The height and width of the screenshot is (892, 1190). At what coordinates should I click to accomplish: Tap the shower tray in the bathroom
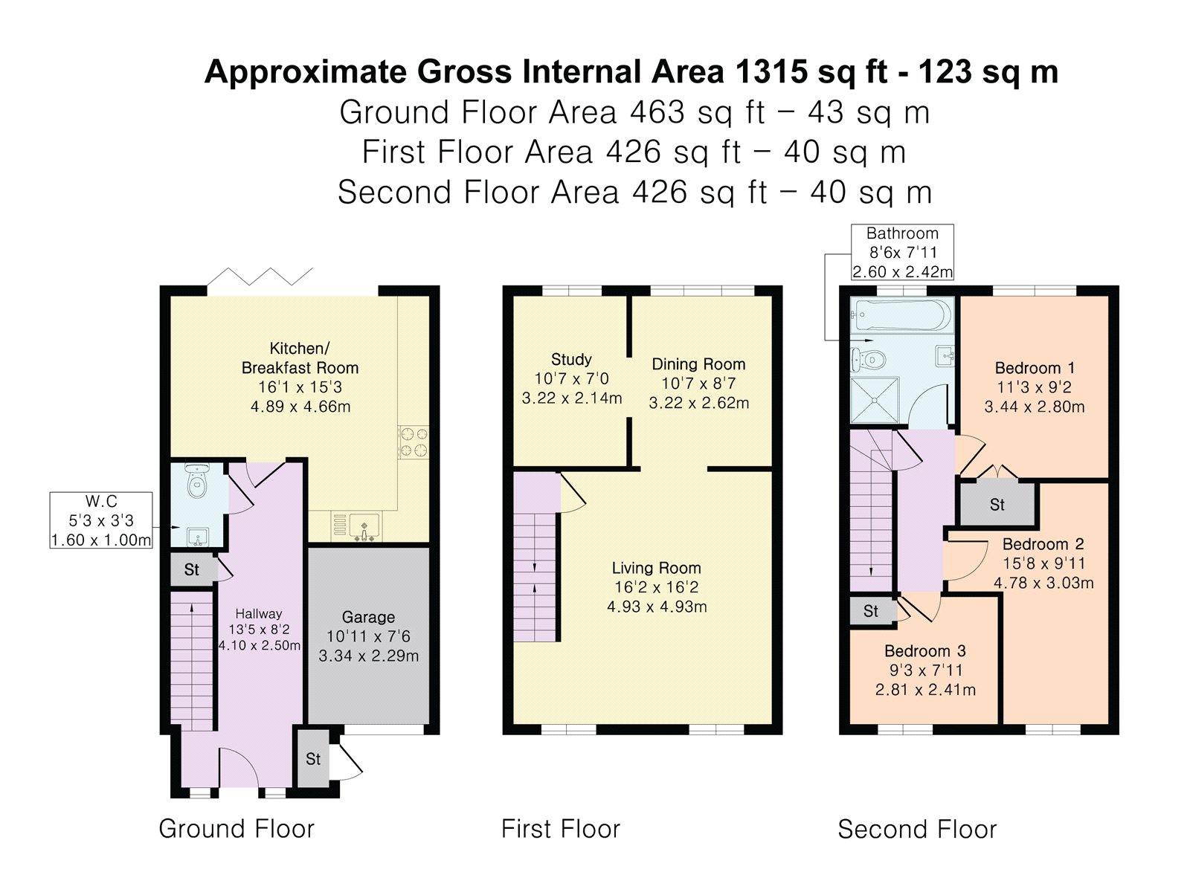pyautogui.click(x=875, y=400)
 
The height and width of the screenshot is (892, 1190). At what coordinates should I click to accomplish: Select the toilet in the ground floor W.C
pyautogui.click(x=196, y=480)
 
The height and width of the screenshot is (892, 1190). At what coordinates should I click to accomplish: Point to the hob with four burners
pyautogui.click(x=413, y=442)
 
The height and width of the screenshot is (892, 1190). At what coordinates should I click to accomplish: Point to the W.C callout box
pyautogui.click(x=101, y=520)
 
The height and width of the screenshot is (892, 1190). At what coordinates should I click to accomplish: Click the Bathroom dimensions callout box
pyautogui.click(x=902, y=252)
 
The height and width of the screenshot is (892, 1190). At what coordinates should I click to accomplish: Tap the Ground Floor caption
pyautogui.click(x=237, y=829)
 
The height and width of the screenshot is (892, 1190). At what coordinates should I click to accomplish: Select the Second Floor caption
pyautogui.click(x=917, y=829)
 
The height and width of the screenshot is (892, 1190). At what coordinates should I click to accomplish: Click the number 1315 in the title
pyautogui.click(x=771, y=71)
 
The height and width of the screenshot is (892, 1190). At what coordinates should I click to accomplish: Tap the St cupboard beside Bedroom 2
pyautogui.click(x=997, y=505)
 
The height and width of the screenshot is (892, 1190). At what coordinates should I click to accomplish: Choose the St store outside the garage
pyautogui.click(x=313, y=759)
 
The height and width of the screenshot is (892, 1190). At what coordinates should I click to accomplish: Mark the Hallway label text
pyautogui.click(x=259, y=614)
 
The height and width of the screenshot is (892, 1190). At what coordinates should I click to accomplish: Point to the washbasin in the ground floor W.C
pyautogui.click(x=197, y=537)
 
